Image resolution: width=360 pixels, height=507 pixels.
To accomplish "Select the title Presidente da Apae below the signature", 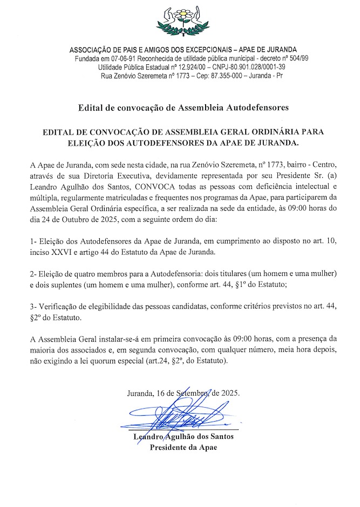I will click(x=184, y=448).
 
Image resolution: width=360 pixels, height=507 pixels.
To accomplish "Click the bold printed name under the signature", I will click(x=184, y=437).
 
